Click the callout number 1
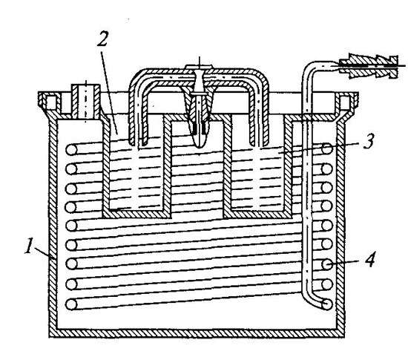pos(28,246)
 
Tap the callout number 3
pos(369,141)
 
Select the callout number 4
pos(369,260)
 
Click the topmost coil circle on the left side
pos(71,150)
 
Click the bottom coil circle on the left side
pos(71,304)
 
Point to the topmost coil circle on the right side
pos(327,148)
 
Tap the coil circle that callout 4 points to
pos(327,265)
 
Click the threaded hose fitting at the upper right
pos(369,67)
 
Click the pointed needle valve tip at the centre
pos(199,143)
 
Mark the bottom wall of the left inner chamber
pos(137,214)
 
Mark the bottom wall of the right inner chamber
pos(257,214)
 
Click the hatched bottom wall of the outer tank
pos(197,333)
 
